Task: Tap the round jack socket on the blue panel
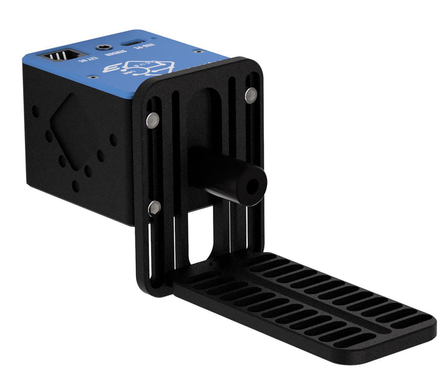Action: (101, 47)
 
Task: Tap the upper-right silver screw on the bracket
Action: (250, 94)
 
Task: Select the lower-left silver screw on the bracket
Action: (154, 208)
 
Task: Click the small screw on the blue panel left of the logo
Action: (92, 78)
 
